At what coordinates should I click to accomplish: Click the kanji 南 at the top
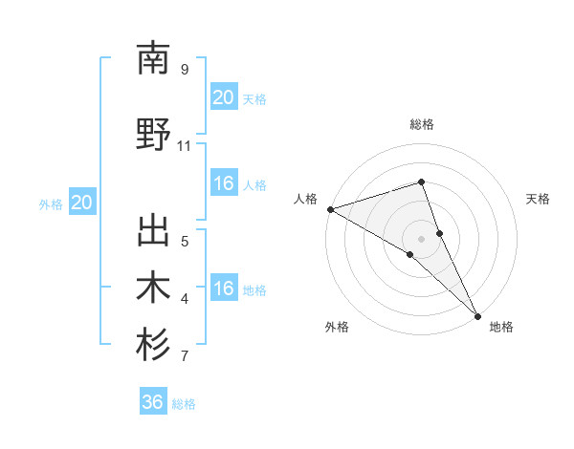click(x=153, y=59)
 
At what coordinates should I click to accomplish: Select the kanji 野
click(x=153, y=135)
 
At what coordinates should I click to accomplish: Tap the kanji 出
click(x=153, y=233)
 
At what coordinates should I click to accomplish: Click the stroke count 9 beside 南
click(x=184, y=70)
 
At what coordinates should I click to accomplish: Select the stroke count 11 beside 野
click(x=184, y=146)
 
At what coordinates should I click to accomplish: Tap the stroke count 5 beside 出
click(x=184, y=241)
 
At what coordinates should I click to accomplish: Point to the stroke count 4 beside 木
click(x=184, y=299)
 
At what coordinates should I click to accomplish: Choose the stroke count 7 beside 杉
click(x=184, y=357)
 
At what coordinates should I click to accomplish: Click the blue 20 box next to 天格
click(x=223, y=97)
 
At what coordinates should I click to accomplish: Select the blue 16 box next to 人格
click(x=223, y=184)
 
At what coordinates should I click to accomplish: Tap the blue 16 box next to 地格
click(x=223, y=289)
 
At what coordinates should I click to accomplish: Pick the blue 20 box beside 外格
click(x=82, y=203)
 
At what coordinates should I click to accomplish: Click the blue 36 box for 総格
click(x=153, y=402)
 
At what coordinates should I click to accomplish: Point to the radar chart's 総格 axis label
click(x=421, y=124)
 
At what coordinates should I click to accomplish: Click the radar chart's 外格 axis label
click(x=337, y=327)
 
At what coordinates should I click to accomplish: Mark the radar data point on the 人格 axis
click(x=330, y=208)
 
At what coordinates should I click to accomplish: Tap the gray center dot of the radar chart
click(x=421, y=237)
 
